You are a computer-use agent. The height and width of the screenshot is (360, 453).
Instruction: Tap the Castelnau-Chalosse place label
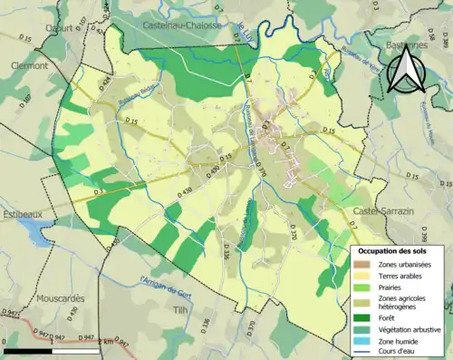coord(182,26)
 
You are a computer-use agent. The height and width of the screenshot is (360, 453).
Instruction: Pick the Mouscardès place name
coord(61,297)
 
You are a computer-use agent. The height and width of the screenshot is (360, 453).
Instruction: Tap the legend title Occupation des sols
coord(393,250)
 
